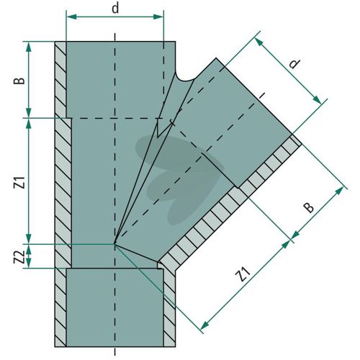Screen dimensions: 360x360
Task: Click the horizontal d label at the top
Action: click(115, 9)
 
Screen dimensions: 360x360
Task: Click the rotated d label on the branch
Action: click(294, 63)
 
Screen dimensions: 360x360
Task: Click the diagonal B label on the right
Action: click(309, 207)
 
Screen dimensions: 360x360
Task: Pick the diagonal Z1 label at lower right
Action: click(243, 275)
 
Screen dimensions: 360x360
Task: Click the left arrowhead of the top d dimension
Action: click(71, 17)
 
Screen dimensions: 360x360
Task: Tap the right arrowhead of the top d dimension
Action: click(158, 17)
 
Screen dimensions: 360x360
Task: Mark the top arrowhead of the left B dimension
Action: click(29, 47)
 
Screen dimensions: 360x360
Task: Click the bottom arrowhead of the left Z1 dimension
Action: click(29, 238)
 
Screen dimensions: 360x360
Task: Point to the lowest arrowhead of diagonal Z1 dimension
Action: click(204, 325)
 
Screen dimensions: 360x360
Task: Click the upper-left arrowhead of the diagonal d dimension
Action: click(259, 42)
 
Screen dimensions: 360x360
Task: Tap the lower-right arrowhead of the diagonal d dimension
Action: click(317, 100)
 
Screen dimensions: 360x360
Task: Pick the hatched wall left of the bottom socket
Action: click(60, 307)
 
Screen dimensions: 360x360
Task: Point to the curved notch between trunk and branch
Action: click(185, 77)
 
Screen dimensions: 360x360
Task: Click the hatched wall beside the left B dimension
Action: click(60, 80)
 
